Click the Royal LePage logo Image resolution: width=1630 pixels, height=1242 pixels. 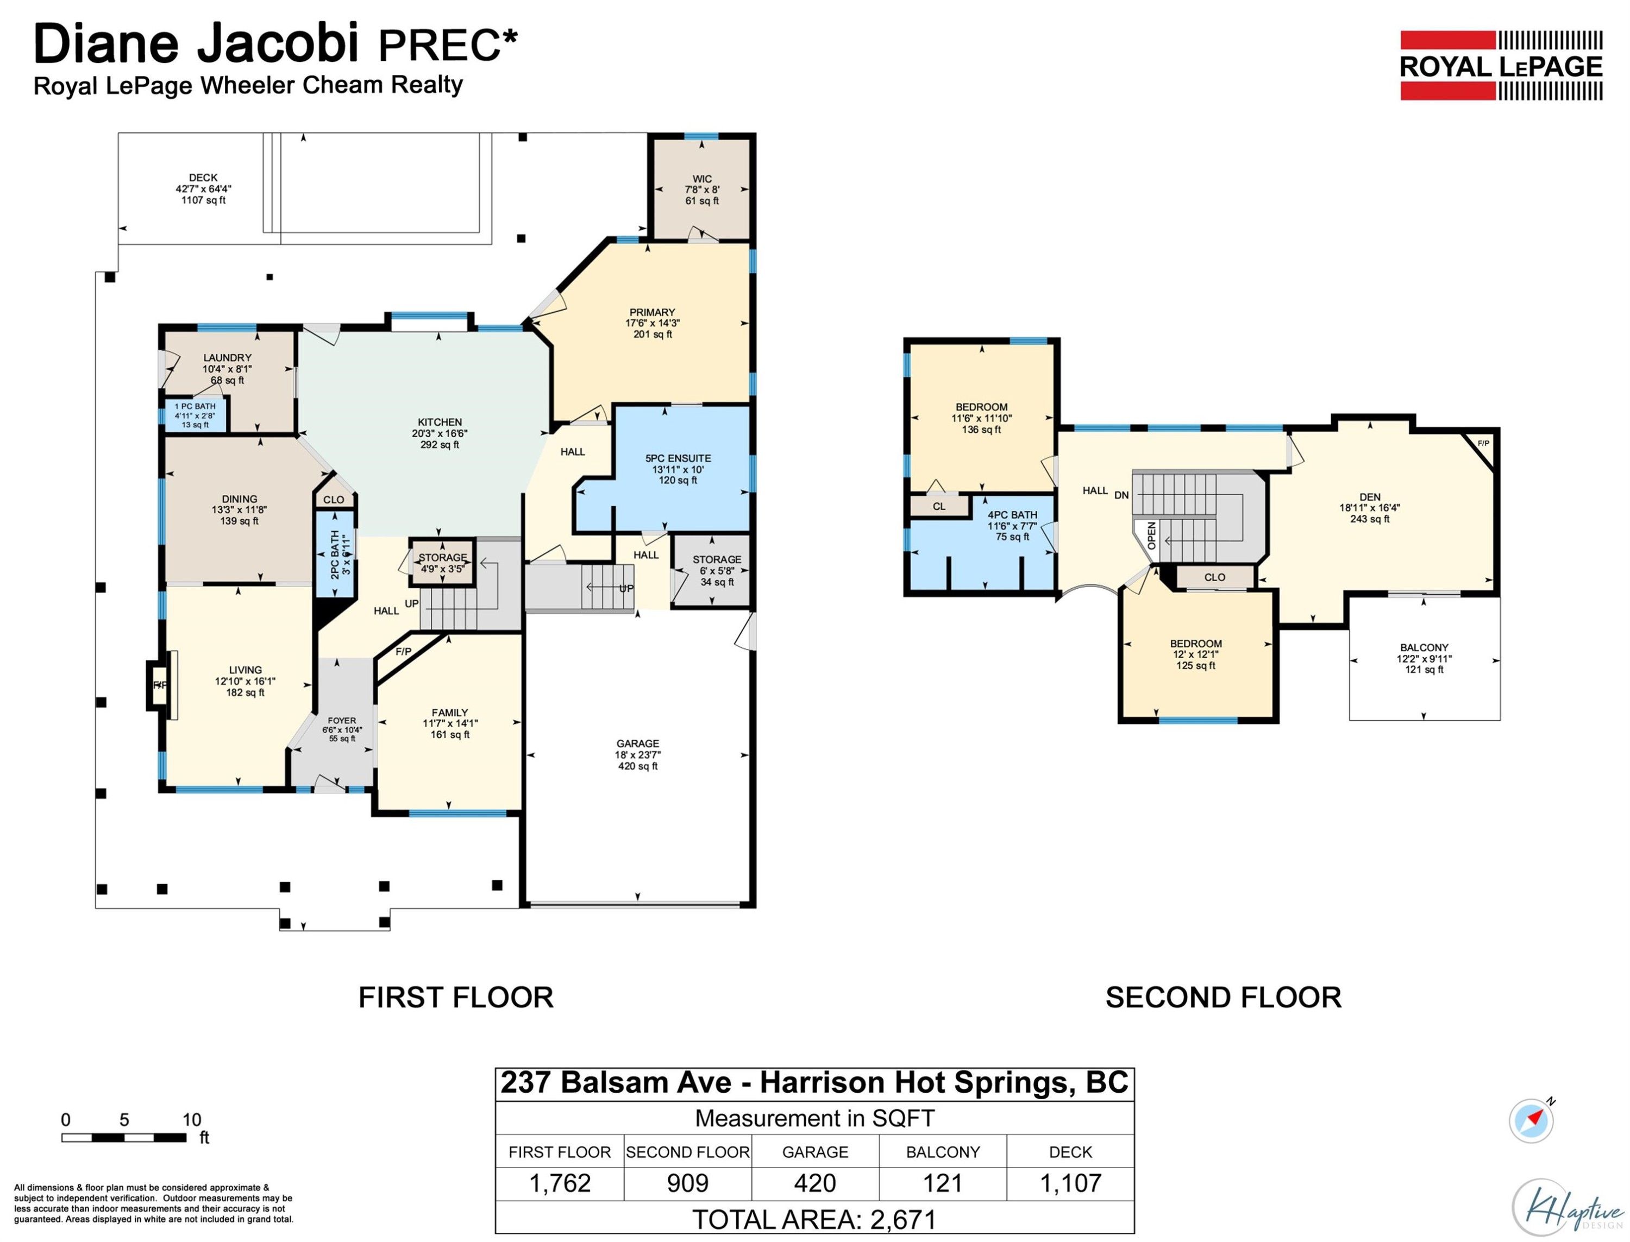click(1501, 65)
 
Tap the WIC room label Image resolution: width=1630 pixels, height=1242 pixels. click(702, 179)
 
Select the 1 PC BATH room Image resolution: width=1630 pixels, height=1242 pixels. click(195, 415)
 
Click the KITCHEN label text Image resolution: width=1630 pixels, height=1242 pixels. click(440, 422)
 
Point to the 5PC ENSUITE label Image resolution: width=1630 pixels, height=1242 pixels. click(678, 458)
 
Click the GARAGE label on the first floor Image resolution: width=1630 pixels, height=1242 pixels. click(637, 743)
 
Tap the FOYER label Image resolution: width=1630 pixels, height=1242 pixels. click(342, 721)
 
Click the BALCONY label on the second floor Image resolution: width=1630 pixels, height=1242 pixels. click(1424, 648)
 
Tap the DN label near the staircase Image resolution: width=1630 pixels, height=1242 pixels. click(1121, 495)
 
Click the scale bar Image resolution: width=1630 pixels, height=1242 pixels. click(124, 1138)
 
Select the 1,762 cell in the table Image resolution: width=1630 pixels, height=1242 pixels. click(560, 1183)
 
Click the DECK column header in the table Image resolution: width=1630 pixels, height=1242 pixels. click(1070, 1152)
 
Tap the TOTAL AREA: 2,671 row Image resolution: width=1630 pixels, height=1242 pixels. click(814, 1219)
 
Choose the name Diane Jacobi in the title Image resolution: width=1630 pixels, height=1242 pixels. click(196, 43)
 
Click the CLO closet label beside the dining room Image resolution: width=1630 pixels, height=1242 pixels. click(334, 500)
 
